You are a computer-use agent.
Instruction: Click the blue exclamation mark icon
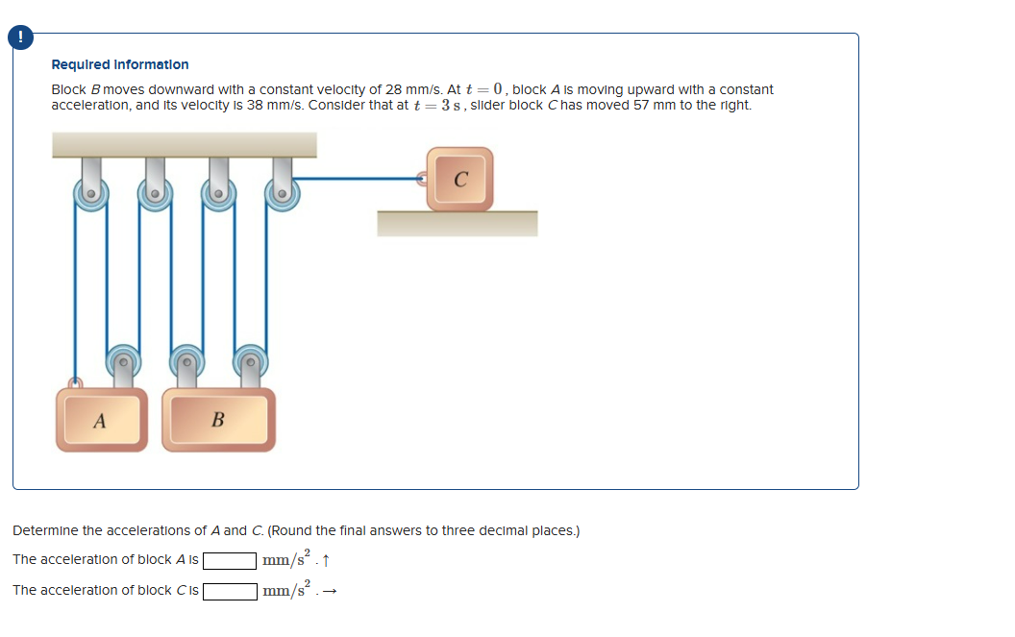tap(20, 37)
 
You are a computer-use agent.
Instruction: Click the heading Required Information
tap(120, 64)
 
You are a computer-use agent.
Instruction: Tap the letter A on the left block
tap(99, 422)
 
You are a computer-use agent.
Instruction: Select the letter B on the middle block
tap(218, 420)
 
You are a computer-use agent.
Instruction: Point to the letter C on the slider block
tap(461, 180)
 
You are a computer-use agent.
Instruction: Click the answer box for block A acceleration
tap(230, 560)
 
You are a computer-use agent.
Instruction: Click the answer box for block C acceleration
tap(230, 592)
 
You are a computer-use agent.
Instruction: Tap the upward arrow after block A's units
tap(326, 560)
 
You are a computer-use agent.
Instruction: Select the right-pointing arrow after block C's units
tap(330, 591)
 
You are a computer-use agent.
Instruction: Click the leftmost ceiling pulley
tap(91, 193)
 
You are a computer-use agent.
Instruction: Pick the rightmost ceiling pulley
tap(283, 193)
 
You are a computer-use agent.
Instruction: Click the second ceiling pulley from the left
tap(155, 193)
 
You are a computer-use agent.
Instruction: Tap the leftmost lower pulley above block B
tap(123, 362)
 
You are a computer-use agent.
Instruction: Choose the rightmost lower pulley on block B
tap(251, 362)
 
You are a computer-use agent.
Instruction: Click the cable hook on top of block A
tap(76, 383)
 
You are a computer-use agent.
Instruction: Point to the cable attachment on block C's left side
tap(422, 178)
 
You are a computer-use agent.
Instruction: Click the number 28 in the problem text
tap(393, 89)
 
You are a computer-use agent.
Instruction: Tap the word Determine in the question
tap(45, 530)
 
